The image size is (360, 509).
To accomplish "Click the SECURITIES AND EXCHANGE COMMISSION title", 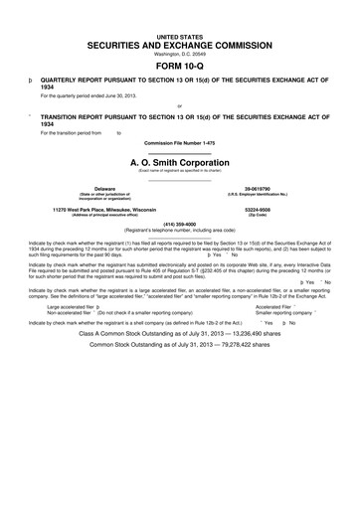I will click(179, 46).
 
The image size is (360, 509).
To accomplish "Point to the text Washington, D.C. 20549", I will click(179, 54).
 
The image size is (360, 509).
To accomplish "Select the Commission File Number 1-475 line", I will click(179, 142).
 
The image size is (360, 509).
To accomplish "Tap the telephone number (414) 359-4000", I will click(179, 224).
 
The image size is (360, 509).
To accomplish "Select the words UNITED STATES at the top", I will click(179, 36).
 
